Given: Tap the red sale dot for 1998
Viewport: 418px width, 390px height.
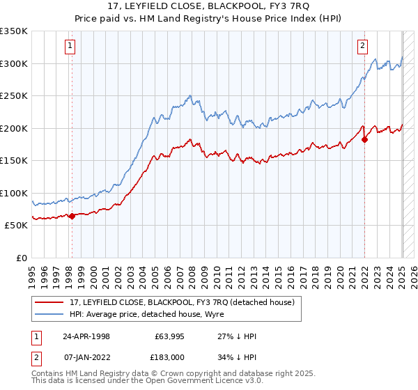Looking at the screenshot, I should pos(72,216).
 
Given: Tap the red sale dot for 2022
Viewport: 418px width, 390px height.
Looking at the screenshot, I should pos(364,139).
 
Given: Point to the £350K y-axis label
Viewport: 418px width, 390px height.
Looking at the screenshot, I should pos(14,31).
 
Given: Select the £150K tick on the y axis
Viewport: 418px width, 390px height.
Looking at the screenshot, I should pos(14,160).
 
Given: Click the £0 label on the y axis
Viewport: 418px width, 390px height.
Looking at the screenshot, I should pos(21,258).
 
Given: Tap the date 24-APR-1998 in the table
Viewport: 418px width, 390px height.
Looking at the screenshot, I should pos(86,336).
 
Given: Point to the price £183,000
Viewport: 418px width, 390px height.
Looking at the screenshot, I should pos(169,357).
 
